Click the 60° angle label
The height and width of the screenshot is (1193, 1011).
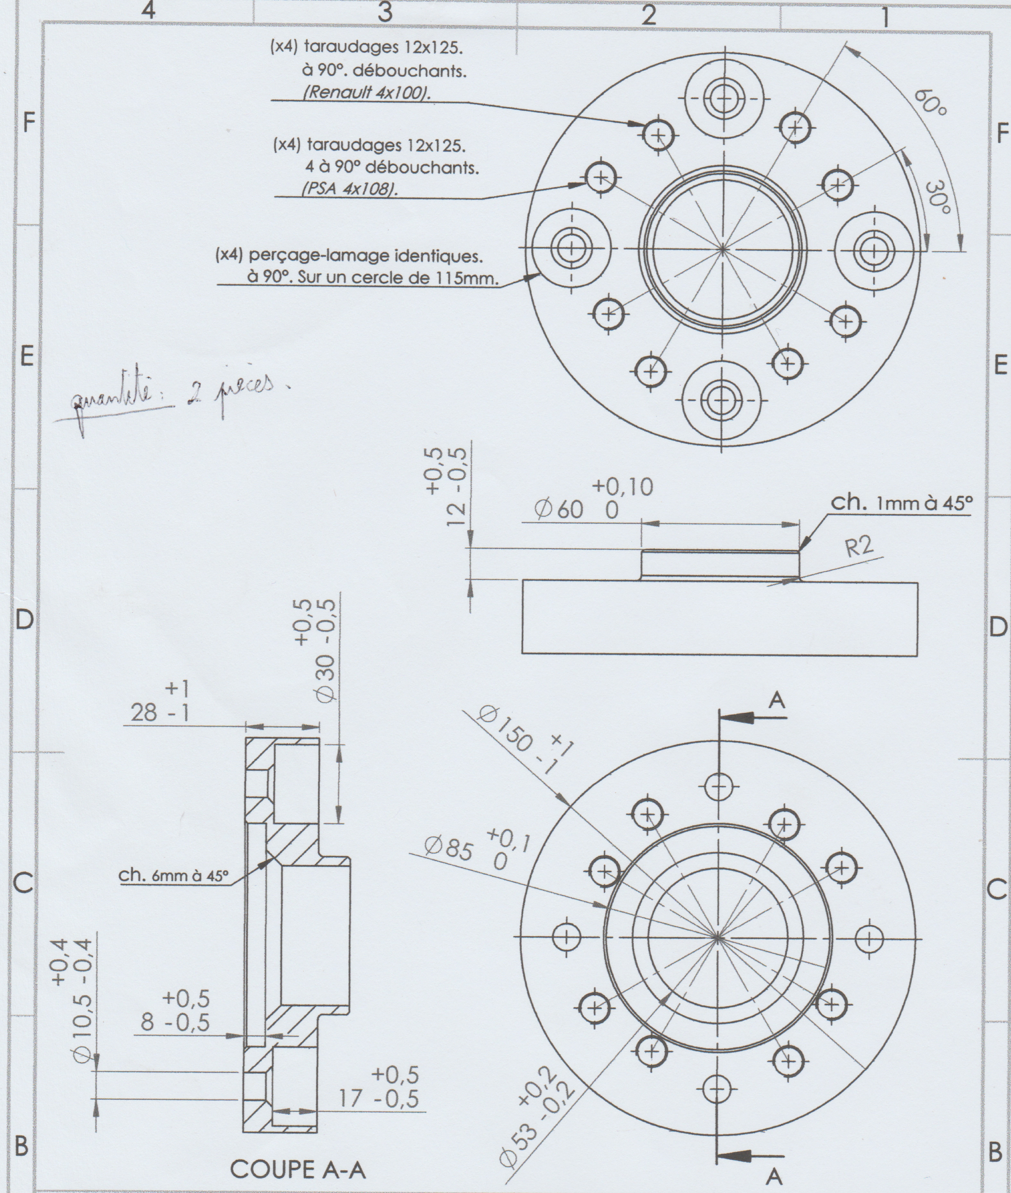click(x=930, y=103)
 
